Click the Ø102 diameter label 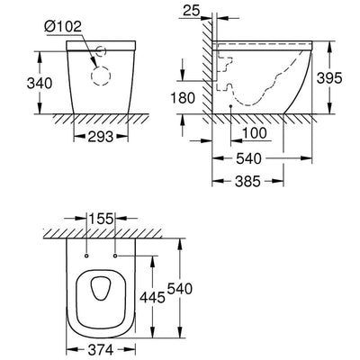[63, 27]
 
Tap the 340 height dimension [40, 83]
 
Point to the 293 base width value [101, 137]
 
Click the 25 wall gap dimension [192, 11]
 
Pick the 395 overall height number [329, 78]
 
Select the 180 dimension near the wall [183, 98]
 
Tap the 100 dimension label [254, 133]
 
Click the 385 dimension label [247, 181]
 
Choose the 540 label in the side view [248, 158]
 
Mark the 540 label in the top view [179, 289]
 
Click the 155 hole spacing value [101, 219]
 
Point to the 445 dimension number [153, 297]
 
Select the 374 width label [101, 349]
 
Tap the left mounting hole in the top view [86, 256]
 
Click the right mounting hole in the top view [115, 256]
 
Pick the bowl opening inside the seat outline [101, 288]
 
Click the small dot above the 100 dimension [230, 106]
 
